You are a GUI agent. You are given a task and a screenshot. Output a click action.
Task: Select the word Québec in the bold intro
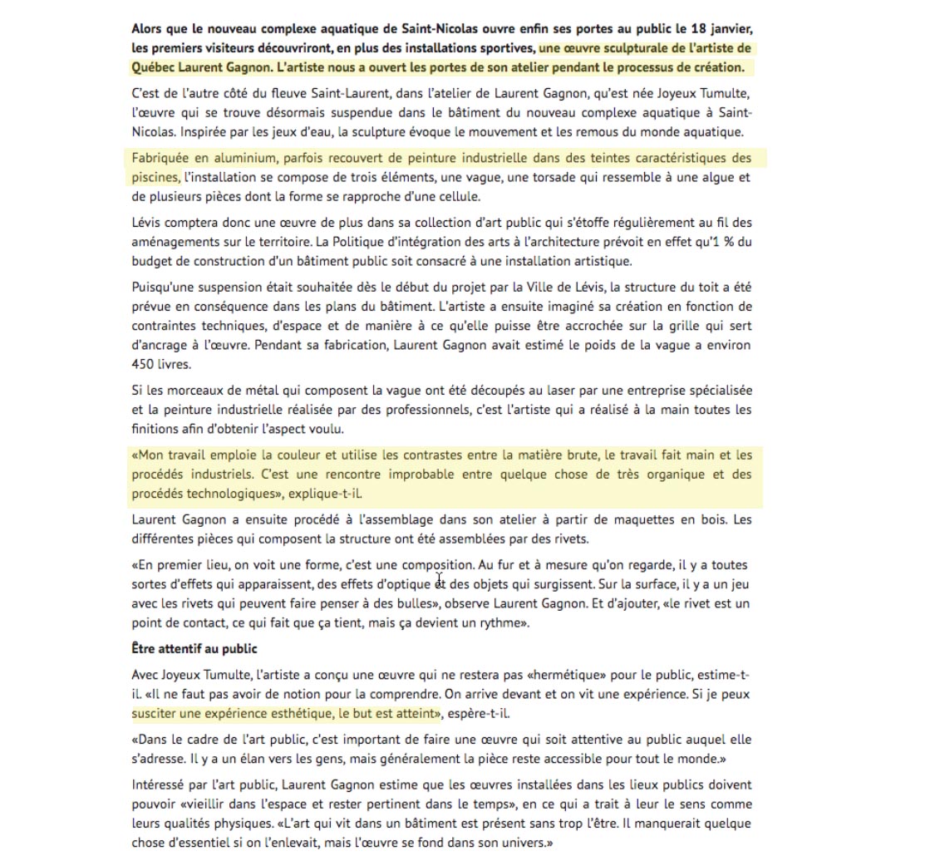(153, 66)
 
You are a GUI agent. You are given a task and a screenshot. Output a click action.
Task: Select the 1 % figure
(724, 242)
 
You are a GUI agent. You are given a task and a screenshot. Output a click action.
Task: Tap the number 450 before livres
(145, 364)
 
